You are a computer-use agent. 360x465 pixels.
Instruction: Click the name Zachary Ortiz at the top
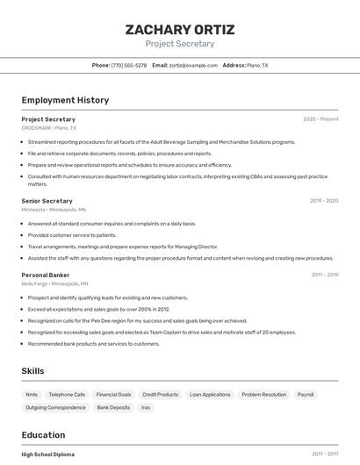(180, 29)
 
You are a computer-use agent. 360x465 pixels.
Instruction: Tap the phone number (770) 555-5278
(130, 66)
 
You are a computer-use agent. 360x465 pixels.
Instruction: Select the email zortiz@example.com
(193, 66)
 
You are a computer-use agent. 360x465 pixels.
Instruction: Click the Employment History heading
(65, 100)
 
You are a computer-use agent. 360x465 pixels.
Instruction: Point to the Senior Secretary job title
(47, 201)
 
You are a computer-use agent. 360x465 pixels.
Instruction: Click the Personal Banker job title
(46, 275)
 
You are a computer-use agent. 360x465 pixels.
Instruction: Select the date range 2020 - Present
(320, 119)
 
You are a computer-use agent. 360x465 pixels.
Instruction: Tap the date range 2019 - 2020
(324, 201)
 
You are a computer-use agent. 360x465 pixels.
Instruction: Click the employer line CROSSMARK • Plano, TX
(48, 128)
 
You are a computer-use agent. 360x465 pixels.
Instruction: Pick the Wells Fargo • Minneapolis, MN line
(54, 284)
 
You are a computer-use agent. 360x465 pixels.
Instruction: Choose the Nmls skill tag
(32, 395)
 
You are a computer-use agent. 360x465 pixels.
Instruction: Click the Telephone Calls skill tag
(67, 395)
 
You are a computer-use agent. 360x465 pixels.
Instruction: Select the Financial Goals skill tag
(113, 395)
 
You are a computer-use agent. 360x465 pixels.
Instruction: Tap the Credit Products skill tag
(160, 395)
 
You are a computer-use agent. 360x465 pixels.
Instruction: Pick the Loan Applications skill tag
(210, 395)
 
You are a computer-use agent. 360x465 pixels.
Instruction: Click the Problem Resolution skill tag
(263, 395)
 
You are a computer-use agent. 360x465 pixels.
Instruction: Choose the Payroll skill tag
(306, 395)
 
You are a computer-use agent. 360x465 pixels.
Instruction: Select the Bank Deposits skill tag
(113, 408)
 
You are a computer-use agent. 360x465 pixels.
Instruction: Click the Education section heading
(43, 435)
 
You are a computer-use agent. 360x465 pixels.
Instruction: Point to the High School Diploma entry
(48, 454)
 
